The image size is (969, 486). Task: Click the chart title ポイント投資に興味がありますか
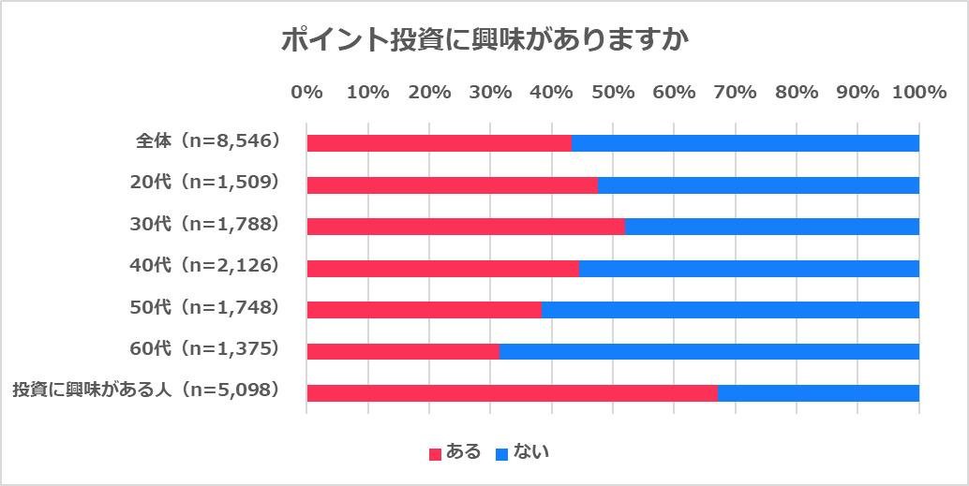(x=485, y=41)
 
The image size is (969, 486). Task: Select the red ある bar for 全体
(x=439, y=143)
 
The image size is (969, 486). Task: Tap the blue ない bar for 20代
(x=758, y=185)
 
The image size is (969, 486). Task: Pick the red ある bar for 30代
(x=466, y=227)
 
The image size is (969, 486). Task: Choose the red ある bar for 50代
(x=425, y=310)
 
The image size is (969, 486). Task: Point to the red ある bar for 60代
(x=403, y=351)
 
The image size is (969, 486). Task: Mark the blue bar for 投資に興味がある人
(x=818, y=393)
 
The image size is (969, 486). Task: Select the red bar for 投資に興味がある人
(x=512, y=393)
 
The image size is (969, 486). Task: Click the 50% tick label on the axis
(x=613, y=93)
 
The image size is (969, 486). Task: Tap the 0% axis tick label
(x=307, y=93)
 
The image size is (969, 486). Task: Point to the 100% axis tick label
(x=919, y=93)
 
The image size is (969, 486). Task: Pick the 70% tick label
(x=736, y=93)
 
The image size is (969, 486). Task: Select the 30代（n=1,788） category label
(x=205, y=225)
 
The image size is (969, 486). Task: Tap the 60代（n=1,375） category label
(x=205, y=349)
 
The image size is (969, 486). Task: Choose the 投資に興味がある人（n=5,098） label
(x=146, y=390)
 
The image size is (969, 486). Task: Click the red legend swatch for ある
(x=435, y=454)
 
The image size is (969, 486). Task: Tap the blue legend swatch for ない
(x=502, y=454)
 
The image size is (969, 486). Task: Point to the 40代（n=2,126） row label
(x=205, y=266)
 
